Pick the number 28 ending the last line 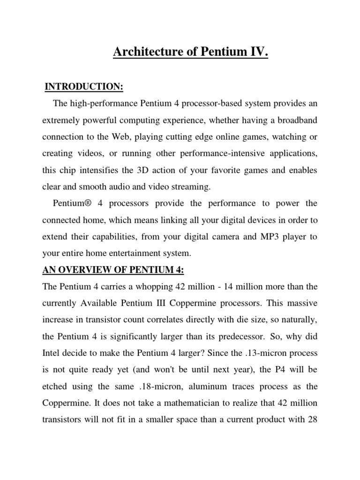coord(312,420)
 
